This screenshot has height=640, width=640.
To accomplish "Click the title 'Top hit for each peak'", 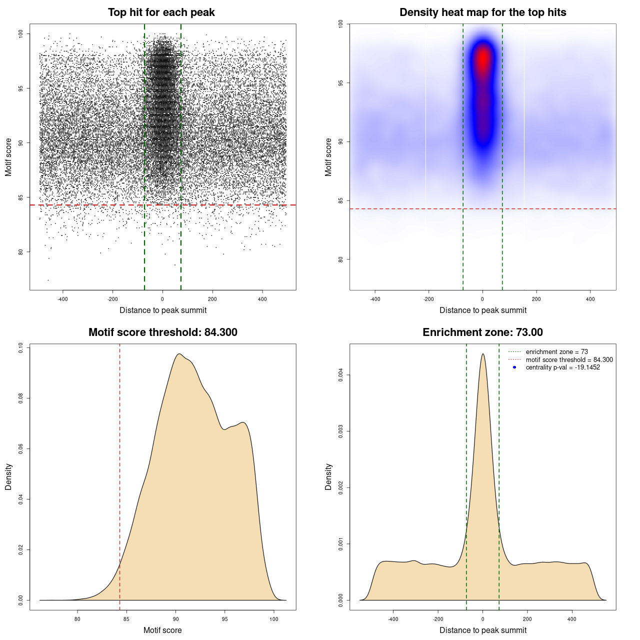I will (161, 12).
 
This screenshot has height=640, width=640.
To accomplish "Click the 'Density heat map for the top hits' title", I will (482, 12).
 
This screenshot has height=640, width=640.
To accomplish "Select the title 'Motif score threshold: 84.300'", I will (162, 332).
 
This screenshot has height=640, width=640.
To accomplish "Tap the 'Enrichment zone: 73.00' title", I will (482, 332).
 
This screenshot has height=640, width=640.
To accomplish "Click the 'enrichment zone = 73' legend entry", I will (556, 352).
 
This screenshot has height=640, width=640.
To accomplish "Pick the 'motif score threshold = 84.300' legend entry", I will (569, 359).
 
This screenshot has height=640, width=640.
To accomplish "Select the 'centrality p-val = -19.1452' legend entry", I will (562, 367).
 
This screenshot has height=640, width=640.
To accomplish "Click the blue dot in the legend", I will (514, 367).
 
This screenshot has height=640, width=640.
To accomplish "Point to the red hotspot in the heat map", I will (483, 59).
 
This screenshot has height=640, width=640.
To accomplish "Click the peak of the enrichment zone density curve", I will (482, 354).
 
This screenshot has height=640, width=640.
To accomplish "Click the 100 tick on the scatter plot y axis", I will (21, 33).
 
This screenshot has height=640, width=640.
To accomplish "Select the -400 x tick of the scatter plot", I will (62, 299).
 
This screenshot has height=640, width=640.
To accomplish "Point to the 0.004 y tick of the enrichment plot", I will (341, 375).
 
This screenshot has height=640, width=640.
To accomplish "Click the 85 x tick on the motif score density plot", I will (126, 619).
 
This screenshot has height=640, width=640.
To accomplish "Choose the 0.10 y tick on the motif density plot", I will (21, 347).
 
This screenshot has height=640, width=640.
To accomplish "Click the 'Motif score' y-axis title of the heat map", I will (328, 157).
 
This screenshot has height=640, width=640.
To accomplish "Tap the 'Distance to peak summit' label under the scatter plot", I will (163, 310).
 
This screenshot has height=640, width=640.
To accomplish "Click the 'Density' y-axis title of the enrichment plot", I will (328, 476).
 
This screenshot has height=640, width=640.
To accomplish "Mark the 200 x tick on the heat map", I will (536, 299).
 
